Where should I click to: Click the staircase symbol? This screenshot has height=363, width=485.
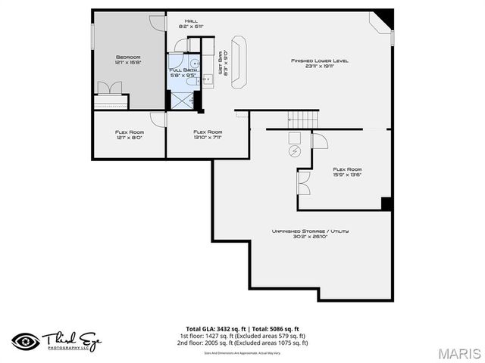click(x=302, y=119)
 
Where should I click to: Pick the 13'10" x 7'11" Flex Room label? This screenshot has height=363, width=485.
click(x=208, y=135)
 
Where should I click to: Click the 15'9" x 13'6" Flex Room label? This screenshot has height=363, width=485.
click(x=347, y=172)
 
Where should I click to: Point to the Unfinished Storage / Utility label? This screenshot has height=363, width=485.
click(x=310, y=233)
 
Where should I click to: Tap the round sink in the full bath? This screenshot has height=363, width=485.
click(x=195, y=64)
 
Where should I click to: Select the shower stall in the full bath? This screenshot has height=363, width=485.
click(x=182, y=98)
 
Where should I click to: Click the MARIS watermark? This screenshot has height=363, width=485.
click(x=458, y=353)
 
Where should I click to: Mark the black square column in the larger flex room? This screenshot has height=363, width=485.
click(x=386, y=203)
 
